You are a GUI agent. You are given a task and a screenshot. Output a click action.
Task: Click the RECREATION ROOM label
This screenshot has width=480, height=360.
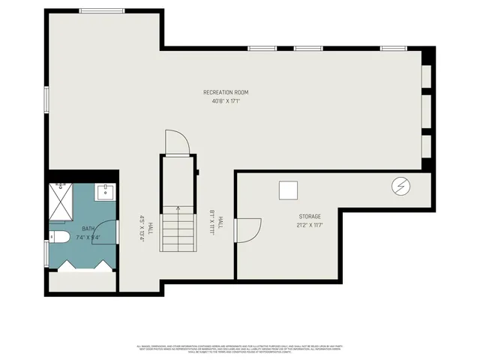click(x=225, y=92)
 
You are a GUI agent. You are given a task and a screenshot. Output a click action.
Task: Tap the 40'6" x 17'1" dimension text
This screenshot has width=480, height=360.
click(x=225, y=100)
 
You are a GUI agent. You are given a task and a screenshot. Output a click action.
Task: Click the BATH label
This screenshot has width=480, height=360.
click(x=88, y=229)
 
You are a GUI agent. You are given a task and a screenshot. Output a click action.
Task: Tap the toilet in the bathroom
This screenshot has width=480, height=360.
click(x=60, y=238)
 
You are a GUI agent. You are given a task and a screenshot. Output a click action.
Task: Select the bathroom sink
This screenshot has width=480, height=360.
click(x=106, y=193)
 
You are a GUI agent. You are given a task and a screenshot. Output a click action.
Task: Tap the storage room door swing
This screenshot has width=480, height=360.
click(x=247, y=229)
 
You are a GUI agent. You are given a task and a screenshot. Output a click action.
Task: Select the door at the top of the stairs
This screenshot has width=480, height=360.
click(x=175, y=142)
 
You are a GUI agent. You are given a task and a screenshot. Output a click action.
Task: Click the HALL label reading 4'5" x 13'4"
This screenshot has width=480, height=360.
click(x=145, y=226)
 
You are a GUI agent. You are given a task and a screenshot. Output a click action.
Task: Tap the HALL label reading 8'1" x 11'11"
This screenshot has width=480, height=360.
click(x=217, y=223)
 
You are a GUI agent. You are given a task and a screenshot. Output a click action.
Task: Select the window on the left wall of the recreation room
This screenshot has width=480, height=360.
click(x=46, y=100)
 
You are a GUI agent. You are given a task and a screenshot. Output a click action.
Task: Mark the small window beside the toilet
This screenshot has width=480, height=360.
click(x=46, y=253)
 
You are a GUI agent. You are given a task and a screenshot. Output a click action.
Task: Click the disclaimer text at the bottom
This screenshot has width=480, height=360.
click(x=239, y=349)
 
